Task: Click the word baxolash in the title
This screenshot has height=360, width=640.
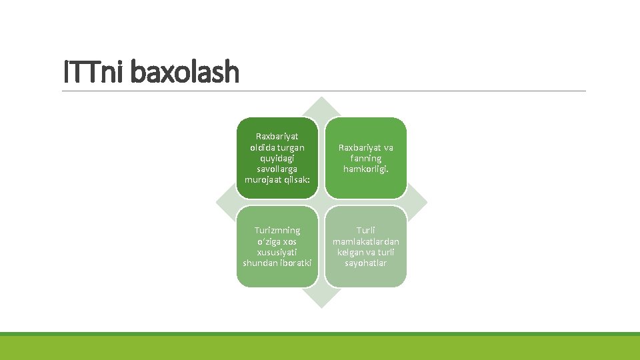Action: coord(185,72)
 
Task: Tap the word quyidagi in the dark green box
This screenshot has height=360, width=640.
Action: coord(277,158)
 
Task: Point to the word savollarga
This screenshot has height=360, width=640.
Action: coord(277,169)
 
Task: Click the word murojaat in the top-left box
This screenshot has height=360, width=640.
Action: coord(263,180)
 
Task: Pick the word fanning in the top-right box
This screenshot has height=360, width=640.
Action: coord(365,158)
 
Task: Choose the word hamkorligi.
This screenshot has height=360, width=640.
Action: coord(365,169)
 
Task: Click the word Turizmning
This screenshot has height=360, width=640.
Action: coord(277,230)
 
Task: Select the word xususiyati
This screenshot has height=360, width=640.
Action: coord(277,252)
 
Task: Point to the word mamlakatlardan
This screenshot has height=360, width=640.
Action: coord(365,241)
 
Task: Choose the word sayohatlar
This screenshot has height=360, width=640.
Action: coord(365,263)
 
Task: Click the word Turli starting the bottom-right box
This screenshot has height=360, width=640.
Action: coord(365,230)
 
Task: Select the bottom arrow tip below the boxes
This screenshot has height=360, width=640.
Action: coord(321,303)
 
